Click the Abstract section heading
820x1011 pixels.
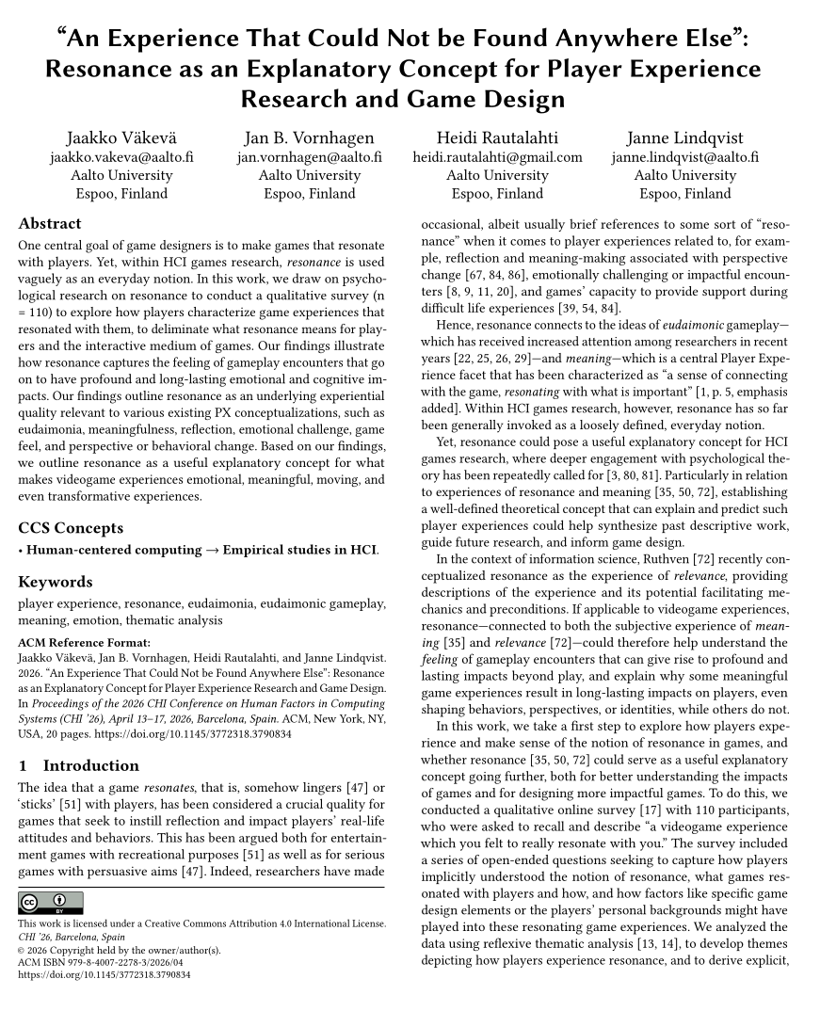click(x=50, y=224)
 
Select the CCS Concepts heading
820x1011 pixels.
click(x=71, y=528)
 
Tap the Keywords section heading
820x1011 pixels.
click(x=56, y=582)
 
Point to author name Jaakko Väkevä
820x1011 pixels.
click(x=121, y=138)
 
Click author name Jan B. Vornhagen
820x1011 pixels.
click(x=309, y=138)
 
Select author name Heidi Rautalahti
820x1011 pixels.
click(x=497, y=138)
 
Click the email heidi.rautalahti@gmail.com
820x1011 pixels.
click(x=497, y=157)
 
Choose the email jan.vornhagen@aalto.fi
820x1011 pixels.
click(x=309, y=157)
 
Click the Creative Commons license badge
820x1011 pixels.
click(x=51, y=903)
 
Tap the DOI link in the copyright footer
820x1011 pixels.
click(x=105, y=976)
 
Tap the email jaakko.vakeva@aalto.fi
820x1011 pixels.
click(x=121, y=157)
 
